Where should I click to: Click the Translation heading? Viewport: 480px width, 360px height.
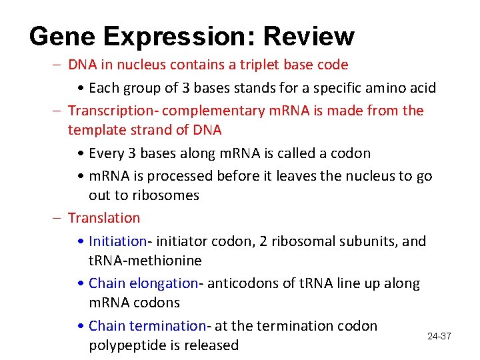(104, 218)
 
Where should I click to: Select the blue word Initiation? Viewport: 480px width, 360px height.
(117, 241)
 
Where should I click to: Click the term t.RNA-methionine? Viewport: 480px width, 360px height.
(145, 260)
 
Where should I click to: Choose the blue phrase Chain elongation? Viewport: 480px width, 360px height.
(143, 283)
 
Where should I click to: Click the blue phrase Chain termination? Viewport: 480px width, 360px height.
(147, 326)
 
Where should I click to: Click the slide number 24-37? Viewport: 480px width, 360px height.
(439, 337)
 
